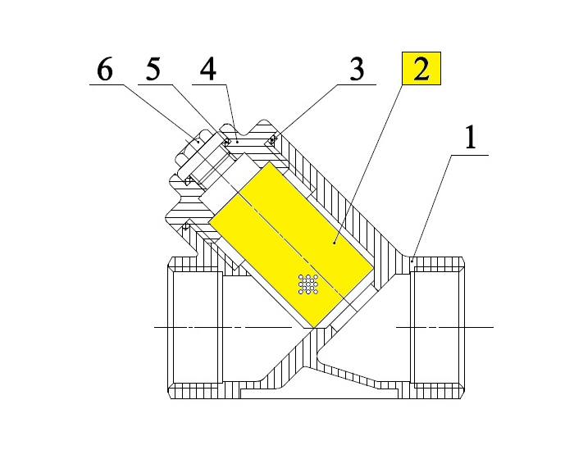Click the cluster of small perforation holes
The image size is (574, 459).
click(x=308, y=284)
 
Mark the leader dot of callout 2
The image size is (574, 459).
click(x=335, y=242)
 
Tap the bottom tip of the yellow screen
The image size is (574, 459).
click(x=312, y=324)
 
